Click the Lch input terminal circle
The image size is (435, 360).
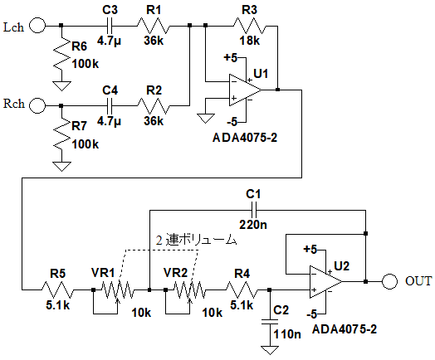(37, 26)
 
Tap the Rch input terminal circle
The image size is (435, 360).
(37, 105)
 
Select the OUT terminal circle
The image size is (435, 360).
(390, 281)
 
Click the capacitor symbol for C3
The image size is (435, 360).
(110, 26)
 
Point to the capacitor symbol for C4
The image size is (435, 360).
(110, 105)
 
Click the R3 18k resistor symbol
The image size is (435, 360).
(249, 26)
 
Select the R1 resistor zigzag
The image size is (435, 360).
(153, 26)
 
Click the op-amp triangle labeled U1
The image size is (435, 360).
(245, 90)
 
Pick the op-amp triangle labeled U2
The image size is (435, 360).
(325, 281)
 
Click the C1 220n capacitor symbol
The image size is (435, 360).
(254, 211)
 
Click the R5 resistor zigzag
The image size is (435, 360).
(58, 289)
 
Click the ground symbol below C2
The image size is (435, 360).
(269, 350)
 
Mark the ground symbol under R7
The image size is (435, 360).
(61, 167)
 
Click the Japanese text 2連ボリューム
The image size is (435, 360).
(196, 240)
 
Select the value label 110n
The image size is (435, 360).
(287, 334)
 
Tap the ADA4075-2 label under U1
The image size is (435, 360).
(245, 138)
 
